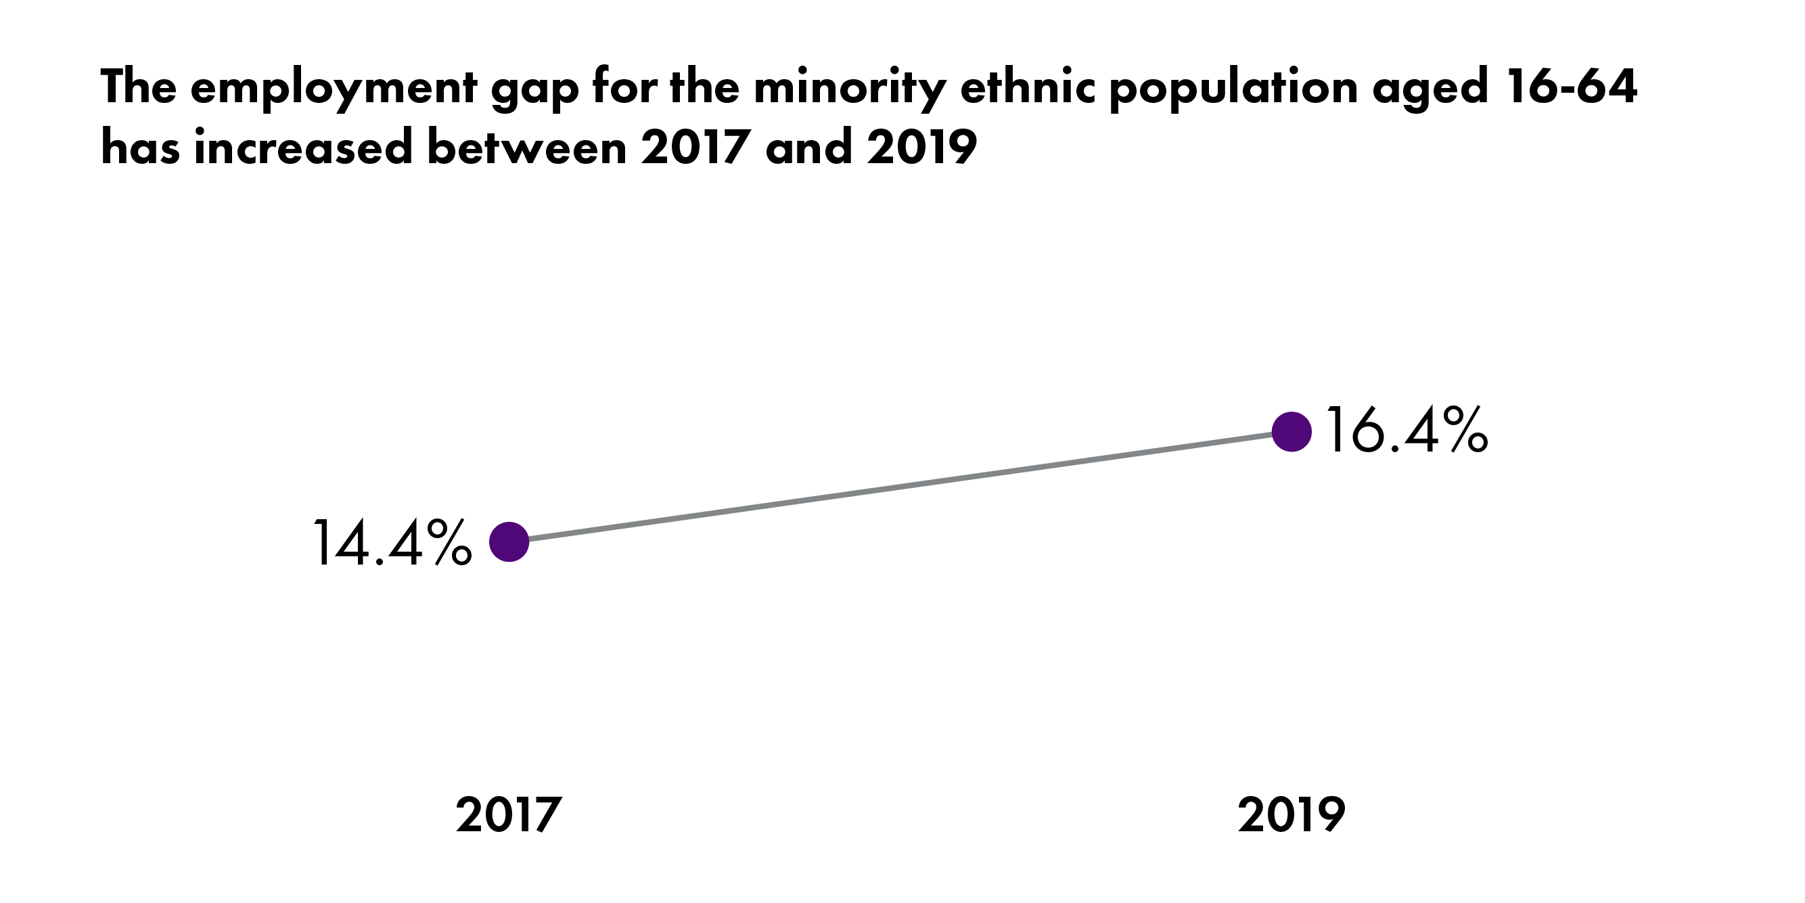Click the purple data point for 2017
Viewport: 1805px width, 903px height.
tap(509, 542)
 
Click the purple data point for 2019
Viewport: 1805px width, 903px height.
tap(1292, 432)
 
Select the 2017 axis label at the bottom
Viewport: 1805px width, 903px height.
tap(509, 816)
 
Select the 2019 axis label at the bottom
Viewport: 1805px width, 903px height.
tap(1292, 816)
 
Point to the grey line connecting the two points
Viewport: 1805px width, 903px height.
tap(900, 487)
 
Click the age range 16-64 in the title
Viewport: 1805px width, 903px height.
tap(1571, 87)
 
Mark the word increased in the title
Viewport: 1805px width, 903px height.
tap(303, 149)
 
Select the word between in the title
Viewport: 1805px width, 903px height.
tap(526, 149)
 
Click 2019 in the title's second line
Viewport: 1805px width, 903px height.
tap(921, 149)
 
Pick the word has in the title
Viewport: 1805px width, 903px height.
tap(140, 149)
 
